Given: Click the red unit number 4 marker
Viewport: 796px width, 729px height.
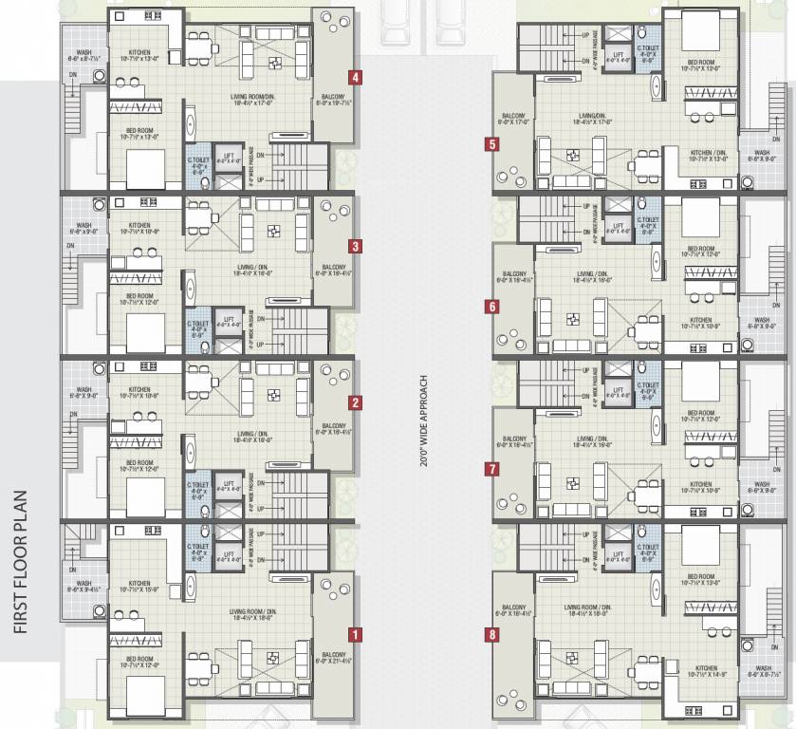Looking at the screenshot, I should (x=354, y=77).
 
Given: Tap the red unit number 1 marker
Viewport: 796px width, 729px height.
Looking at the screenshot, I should (x=354, y=633).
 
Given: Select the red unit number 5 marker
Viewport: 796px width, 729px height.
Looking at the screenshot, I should (x=491, y=145).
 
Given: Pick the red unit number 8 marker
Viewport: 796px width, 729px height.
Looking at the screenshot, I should (x=491, y=634).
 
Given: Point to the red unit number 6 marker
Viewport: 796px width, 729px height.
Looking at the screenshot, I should (x=491, y=307).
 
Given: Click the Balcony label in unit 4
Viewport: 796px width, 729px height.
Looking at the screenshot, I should (x=334, y=105).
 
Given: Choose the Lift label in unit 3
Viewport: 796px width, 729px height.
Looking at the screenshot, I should (x=228, y=318).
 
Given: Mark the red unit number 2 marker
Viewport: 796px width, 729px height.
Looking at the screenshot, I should (x=354, y=402).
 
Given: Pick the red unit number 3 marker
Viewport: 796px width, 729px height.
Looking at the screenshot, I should (x=354, y=246).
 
